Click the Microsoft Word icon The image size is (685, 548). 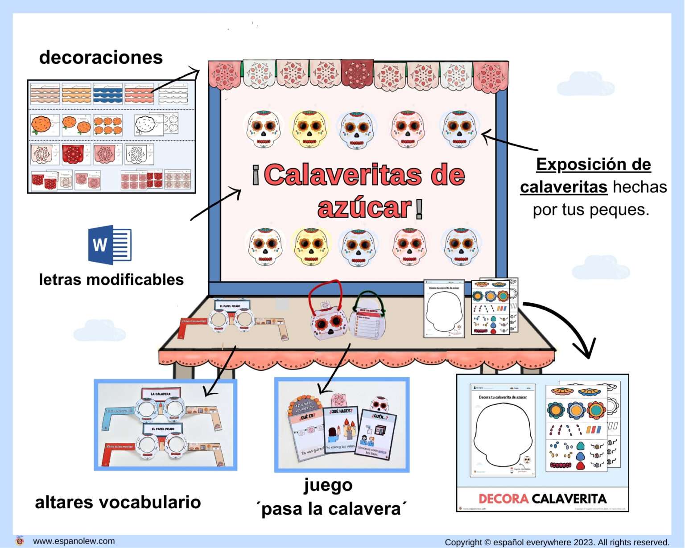[110, 244]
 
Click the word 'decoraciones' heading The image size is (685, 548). [101, 58]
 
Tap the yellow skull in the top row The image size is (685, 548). [310, 129]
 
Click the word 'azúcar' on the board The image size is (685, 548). [364, 208]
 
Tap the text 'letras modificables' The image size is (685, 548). [111, 280]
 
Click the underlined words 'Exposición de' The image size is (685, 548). [593, 165]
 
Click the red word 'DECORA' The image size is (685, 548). [503, 499]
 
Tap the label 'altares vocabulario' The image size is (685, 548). [118, 502]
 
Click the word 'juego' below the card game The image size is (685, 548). [328, 485]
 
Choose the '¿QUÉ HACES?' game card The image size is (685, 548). [341, 430]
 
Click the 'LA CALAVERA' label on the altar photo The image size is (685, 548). [161, 394]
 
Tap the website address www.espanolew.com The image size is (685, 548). [74, 541]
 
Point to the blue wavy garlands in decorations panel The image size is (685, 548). [107, 93]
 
